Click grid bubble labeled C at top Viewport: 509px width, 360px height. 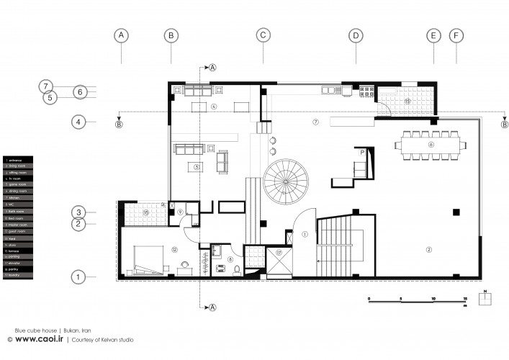(263, 35)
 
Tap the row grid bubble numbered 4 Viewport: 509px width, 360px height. (80, 122)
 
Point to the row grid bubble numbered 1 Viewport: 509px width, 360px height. (80, 276)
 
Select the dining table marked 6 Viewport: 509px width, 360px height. (431, 145)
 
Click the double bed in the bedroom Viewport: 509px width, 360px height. (150, 256)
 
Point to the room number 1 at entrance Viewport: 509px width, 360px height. (305, 233)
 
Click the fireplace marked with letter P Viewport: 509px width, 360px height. (363, 152)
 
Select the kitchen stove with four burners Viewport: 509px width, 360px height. (364, 91)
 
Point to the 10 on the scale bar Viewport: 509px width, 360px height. (434, 299)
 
